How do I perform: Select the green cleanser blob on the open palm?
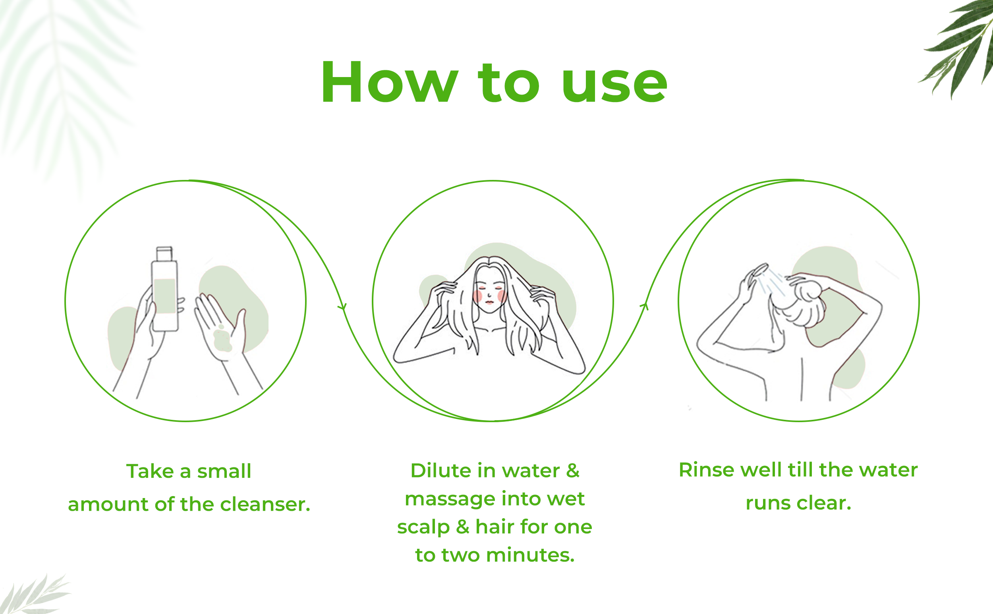222,340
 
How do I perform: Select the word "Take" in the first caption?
150,471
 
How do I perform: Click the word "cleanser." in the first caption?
265,504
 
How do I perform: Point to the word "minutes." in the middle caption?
530,555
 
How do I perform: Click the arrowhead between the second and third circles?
645,306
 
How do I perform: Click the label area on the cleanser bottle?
164,296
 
